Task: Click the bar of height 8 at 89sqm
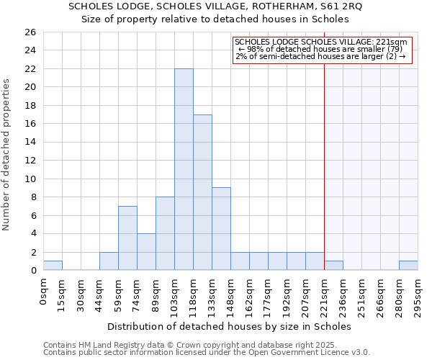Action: [x=165, y=233]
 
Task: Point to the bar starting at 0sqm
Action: [x=53, y=266]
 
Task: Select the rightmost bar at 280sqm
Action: [x=408, y=266]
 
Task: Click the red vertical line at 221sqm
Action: [x=325, y=166]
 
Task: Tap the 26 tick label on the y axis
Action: [x=30, y=32]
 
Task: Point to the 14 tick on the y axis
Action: [x=30, y=143]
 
